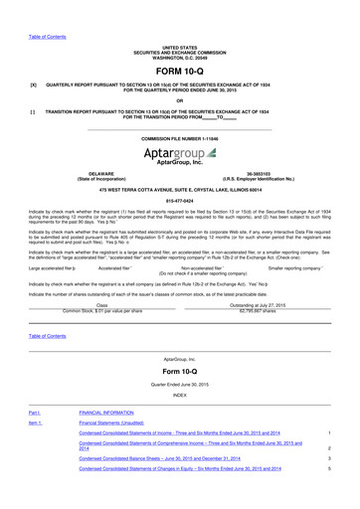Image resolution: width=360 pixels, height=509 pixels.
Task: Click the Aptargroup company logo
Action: click(179, 156)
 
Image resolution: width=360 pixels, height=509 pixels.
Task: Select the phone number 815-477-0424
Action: click(179, 199)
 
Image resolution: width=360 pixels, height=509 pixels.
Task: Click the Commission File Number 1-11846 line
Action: click(179, 138)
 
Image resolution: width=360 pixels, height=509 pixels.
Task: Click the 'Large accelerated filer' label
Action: click(51, 267)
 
